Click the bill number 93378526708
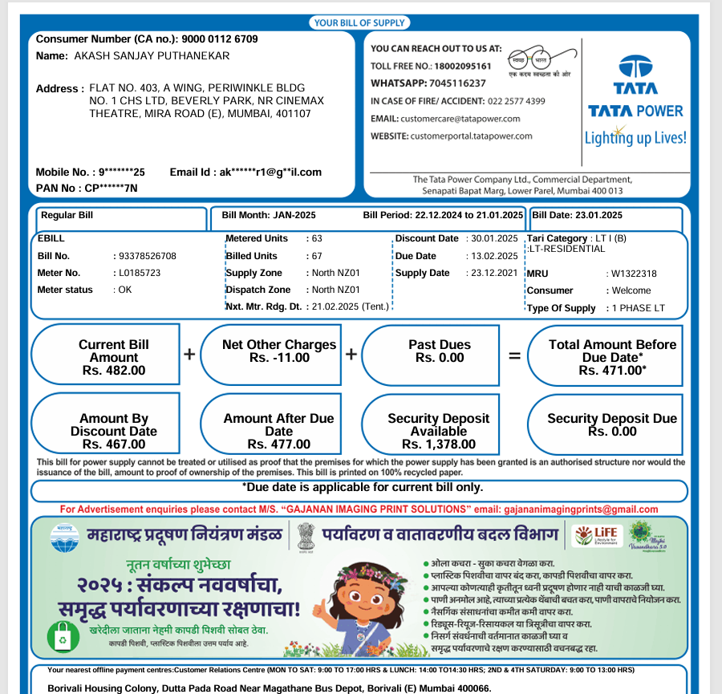[147, 256]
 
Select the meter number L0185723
[139, 273]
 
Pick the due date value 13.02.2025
[493, 256]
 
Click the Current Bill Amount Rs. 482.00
[114, 371]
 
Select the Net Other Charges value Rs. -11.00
[279, 358]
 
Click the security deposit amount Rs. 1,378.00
[438, 444]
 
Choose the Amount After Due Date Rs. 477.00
[278, 444]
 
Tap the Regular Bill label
[67, 215]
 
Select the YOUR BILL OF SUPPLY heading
[359, 23]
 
